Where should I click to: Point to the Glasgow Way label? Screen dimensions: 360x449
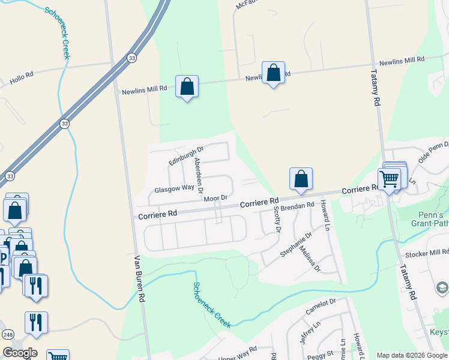[x=174, y=188]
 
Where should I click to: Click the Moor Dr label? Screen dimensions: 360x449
[x=215, y=198]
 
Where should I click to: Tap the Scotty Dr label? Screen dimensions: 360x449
[x=277, y=219]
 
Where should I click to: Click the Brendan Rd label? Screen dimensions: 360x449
[x=298, y=206]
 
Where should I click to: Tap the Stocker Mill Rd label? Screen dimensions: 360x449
[x=427, y=253]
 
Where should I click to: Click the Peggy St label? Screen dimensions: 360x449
[x=321, y=353]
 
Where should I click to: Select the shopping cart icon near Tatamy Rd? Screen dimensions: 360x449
[x=390, y=178]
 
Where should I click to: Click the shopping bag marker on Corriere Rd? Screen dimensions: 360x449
[x=301, y=179]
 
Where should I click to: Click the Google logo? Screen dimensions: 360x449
[x=20, y=353]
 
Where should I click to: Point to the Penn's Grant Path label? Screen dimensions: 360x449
[x=430, y=219]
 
